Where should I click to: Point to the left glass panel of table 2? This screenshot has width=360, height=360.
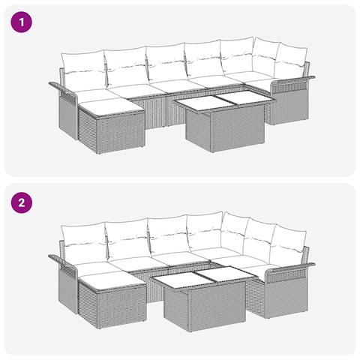(x=175, y=279)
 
